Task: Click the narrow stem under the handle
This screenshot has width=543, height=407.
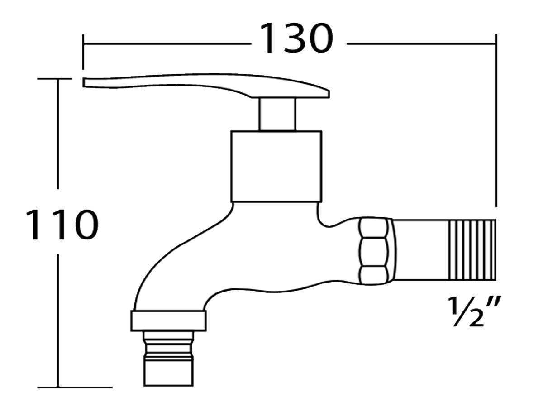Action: tap(277, 114)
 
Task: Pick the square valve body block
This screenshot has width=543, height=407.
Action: tap(276, 166)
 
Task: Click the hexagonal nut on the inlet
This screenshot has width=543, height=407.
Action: tap(374, 250)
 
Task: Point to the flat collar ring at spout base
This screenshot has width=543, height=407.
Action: tap(169, 321)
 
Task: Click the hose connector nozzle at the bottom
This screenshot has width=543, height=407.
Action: tap(168, 360)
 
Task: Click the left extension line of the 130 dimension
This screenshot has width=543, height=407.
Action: tap(83, 52)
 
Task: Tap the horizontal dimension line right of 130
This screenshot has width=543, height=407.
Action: tap(421, 44)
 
